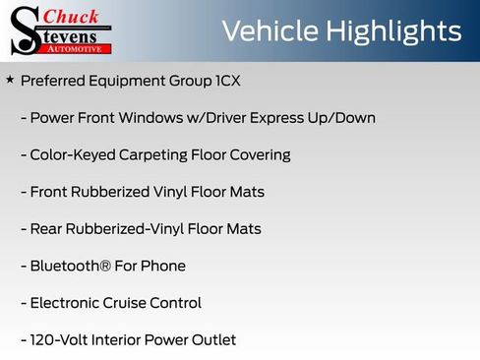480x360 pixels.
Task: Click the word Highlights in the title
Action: (x=399, y=31)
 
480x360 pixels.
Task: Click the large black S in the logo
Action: (x=24, y=31)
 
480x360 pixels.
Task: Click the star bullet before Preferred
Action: (x=10, y=79)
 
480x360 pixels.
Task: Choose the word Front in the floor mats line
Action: (x=50, y=192)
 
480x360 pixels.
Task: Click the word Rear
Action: (x=47, y=229)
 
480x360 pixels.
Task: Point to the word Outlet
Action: (x=212, y=340)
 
